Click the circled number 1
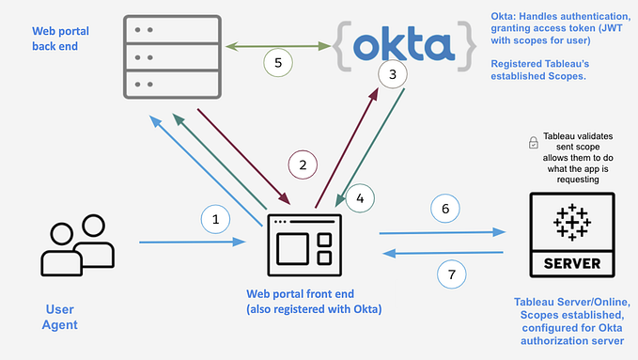215,219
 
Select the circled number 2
303,164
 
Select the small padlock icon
534,143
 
